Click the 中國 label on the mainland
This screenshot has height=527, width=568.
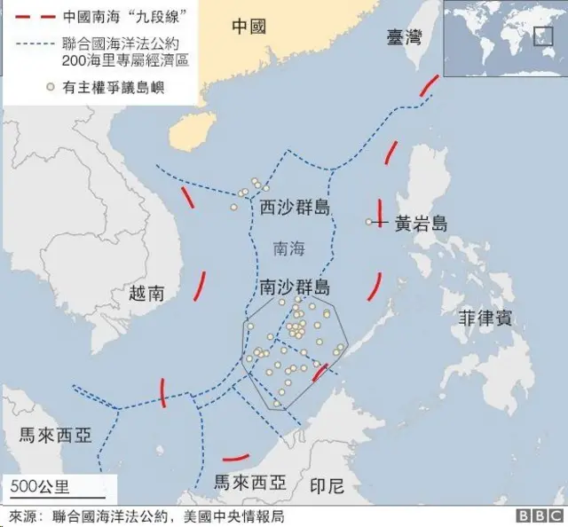248,26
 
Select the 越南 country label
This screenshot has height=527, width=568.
146,293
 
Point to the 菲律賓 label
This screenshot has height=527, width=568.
485,319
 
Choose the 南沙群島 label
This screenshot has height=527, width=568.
295,287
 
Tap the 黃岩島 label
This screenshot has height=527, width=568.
422,223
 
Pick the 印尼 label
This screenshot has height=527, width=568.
326,485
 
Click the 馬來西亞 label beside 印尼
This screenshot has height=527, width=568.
251,483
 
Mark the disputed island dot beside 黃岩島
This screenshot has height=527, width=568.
368,222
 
